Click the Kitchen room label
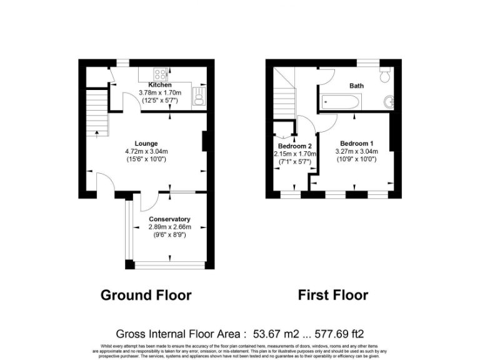159,85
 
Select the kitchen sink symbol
199,98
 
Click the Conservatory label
169,219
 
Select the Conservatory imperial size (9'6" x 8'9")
169,234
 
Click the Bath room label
356,86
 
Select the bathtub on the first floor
341,102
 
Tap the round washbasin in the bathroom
391,101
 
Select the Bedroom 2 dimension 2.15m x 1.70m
296,154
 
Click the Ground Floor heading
146,295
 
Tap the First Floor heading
332,295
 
